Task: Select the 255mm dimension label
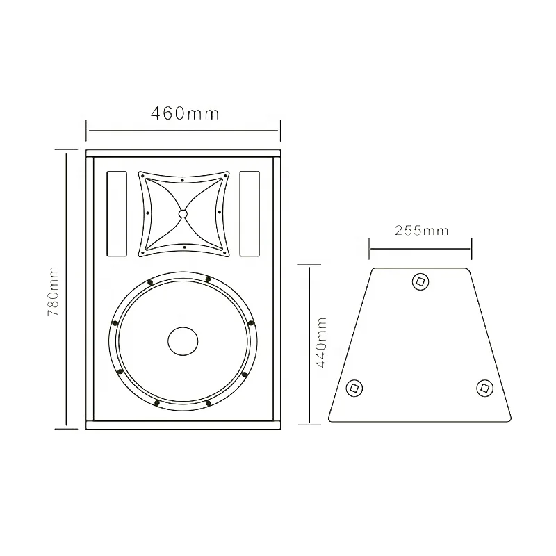point(421,231)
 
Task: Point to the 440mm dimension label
point(321,344)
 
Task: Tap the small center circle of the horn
point(183,214)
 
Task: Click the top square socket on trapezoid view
point(420,281)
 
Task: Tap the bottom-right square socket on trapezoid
point(484,387)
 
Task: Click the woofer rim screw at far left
point(113,322)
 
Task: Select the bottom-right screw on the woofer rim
point(245,374)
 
